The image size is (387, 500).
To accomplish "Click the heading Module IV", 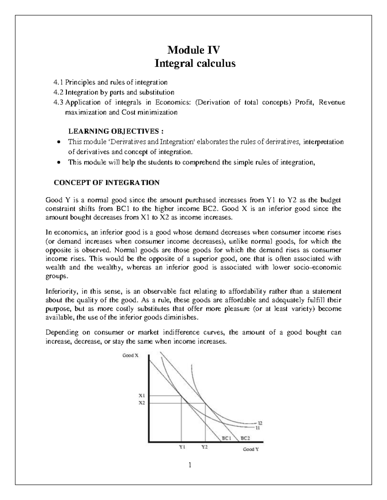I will coord(193,50).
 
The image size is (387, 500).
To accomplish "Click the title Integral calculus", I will coord(195,63).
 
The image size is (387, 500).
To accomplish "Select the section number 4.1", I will coord(58,82).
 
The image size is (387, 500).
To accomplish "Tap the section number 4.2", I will coord(58,92).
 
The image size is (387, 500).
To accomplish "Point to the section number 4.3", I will coord(58,102).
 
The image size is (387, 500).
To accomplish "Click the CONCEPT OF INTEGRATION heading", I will coord(106,183).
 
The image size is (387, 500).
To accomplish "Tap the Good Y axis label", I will coord(251,449).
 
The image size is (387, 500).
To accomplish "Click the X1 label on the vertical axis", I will coord(142,396).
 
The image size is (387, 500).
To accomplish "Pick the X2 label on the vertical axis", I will coord(142,402).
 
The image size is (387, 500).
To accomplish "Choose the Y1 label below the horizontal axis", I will coord(182,447).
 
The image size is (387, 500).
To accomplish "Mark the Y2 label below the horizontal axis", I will coord(204,447).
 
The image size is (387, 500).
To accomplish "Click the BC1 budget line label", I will coord(227,438).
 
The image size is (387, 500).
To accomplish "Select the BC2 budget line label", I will coord(245,438).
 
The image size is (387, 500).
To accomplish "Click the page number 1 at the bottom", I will coord(190,465).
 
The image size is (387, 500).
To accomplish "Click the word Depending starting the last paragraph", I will coord(62,332).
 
